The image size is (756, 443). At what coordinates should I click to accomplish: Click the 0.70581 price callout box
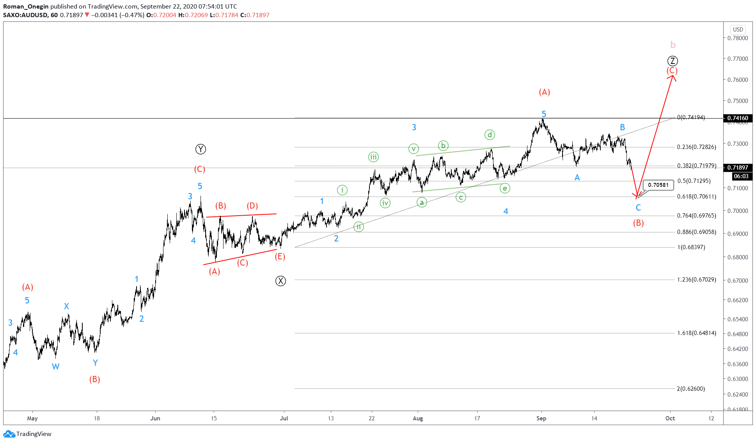click(658, 185)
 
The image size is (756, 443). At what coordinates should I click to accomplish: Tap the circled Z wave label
click(673, 61)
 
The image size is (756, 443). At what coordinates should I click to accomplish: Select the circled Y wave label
click(201, 149)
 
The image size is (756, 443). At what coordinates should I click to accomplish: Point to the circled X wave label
click(280, 281)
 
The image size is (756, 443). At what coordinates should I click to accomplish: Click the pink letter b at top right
click(673, 45)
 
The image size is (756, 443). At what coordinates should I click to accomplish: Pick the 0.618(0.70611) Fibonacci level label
click(697, 197)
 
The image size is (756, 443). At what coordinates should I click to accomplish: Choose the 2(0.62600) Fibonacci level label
click(691, 389)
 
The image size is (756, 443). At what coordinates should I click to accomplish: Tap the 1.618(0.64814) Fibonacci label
click(697, 333)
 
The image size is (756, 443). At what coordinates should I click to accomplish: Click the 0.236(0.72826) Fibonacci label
click(697, 147)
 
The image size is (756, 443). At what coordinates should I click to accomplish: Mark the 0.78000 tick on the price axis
click(738, 38)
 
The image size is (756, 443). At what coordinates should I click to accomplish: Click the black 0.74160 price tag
click(738, 118)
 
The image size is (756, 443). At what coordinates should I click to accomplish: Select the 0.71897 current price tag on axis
click(738, 168)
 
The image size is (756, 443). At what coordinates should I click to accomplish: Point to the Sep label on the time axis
click(541, 418)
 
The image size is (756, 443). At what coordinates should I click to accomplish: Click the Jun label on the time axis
click(155, 418)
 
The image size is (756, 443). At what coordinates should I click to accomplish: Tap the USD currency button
click(738, 30)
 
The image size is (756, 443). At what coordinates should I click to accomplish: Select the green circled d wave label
click(490, 135)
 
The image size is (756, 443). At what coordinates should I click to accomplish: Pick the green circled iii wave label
click(373, 157)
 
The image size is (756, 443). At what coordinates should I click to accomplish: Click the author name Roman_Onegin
click(26, 6)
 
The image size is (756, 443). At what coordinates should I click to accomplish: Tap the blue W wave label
click(56, 367)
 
